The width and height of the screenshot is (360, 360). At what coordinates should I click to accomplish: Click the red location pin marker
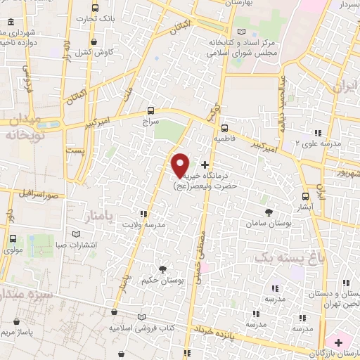(181, 165)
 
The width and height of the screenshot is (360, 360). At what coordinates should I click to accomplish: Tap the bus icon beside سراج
(151, 110)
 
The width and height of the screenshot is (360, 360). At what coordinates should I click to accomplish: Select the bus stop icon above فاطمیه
(224, 128)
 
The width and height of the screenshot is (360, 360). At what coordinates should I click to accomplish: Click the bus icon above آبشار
(305, 197)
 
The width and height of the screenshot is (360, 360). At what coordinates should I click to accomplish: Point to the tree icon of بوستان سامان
(268, 211)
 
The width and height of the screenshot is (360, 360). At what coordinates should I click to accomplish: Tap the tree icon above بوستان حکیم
(163, 269)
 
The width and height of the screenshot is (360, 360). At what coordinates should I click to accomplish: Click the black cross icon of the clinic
(205, 164)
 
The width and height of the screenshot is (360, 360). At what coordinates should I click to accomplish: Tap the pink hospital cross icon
(339, 342)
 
